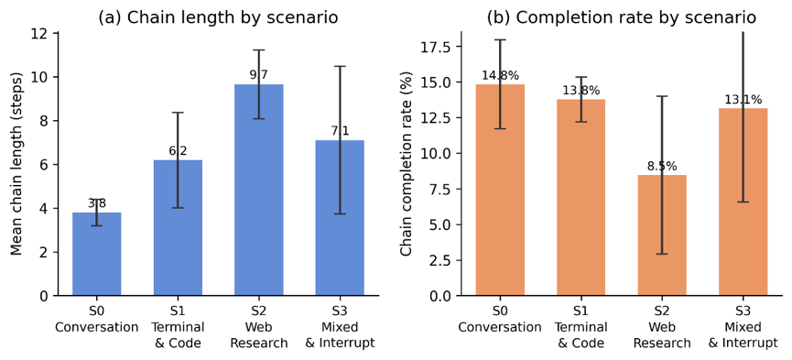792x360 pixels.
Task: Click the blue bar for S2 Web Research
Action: pos(258,190)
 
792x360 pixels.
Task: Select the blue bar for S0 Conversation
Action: pos(97,254)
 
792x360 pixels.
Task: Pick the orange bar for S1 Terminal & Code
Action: pos(580,197)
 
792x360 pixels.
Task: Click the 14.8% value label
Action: pos(500,76)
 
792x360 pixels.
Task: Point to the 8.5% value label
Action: pos(662,167)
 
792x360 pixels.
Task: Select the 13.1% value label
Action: pos(743,100)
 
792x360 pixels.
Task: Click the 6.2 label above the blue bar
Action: pos(178,151)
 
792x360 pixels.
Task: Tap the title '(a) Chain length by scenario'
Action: pos(218,17)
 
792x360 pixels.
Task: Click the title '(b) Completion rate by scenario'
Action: pos(622,17)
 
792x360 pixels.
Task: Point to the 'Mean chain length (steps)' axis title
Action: pos(17,164)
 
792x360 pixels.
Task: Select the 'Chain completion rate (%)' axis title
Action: pos(407,164)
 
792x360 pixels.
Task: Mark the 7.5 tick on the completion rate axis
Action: pos(442,189)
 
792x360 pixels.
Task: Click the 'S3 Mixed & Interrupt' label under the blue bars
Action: pos(340,328)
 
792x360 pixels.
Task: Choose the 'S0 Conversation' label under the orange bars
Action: pos(500,321)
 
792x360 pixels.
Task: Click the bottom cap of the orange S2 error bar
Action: pos(662,254)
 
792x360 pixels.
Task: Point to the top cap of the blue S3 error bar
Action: pos(340,66)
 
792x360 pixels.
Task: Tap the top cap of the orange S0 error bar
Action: pos(500,40)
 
